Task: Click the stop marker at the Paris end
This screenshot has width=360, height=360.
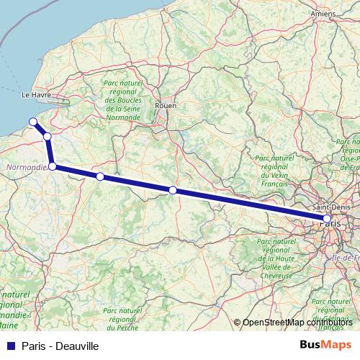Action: pyautogui.click(x=328, y=218)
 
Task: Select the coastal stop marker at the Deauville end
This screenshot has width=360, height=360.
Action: pyautogui.click(x=32, y=121)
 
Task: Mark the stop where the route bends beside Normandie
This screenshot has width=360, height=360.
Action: pyautogui.click(x=52, y=166)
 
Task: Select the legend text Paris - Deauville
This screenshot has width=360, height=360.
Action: pyautogui.click(x=60, y=346)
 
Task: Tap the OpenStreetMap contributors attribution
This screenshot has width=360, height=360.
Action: pyautogui.click(x=297, y=323)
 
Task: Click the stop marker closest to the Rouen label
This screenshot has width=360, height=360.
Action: pyautogui.click(x=173, y=190)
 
